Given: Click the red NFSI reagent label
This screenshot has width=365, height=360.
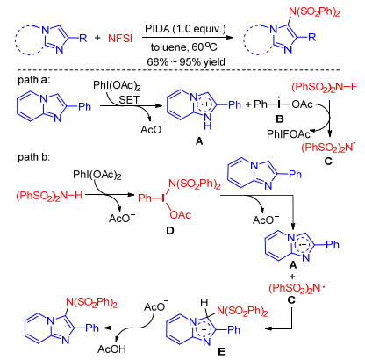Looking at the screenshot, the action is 120,39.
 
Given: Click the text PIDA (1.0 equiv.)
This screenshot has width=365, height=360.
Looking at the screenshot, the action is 185,29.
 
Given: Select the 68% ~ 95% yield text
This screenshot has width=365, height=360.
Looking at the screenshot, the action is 186,62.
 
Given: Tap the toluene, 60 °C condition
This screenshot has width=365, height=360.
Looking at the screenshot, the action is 184,47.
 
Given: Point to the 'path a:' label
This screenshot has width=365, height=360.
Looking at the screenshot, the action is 34,80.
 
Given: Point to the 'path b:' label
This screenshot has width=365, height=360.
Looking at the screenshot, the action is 34,157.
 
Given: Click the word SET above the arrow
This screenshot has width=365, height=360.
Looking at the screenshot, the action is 129,100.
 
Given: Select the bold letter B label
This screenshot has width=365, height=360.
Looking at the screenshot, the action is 280,119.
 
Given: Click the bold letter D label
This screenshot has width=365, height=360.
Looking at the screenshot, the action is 170,231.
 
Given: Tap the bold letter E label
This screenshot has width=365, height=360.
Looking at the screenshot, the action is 222,351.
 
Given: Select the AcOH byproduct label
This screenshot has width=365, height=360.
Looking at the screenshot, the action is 111,349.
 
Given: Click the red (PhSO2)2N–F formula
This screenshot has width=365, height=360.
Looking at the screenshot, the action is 325,87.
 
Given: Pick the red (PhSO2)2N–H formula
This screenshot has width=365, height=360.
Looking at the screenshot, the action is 49,196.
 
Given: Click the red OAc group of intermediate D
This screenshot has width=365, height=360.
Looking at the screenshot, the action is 180,215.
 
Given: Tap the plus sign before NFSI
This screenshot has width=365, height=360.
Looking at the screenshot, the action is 97,38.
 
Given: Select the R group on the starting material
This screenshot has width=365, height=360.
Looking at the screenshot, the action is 83,38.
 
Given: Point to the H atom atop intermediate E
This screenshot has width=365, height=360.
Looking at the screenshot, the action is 204,304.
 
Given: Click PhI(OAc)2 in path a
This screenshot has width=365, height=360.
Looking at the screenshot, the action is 117,86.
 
